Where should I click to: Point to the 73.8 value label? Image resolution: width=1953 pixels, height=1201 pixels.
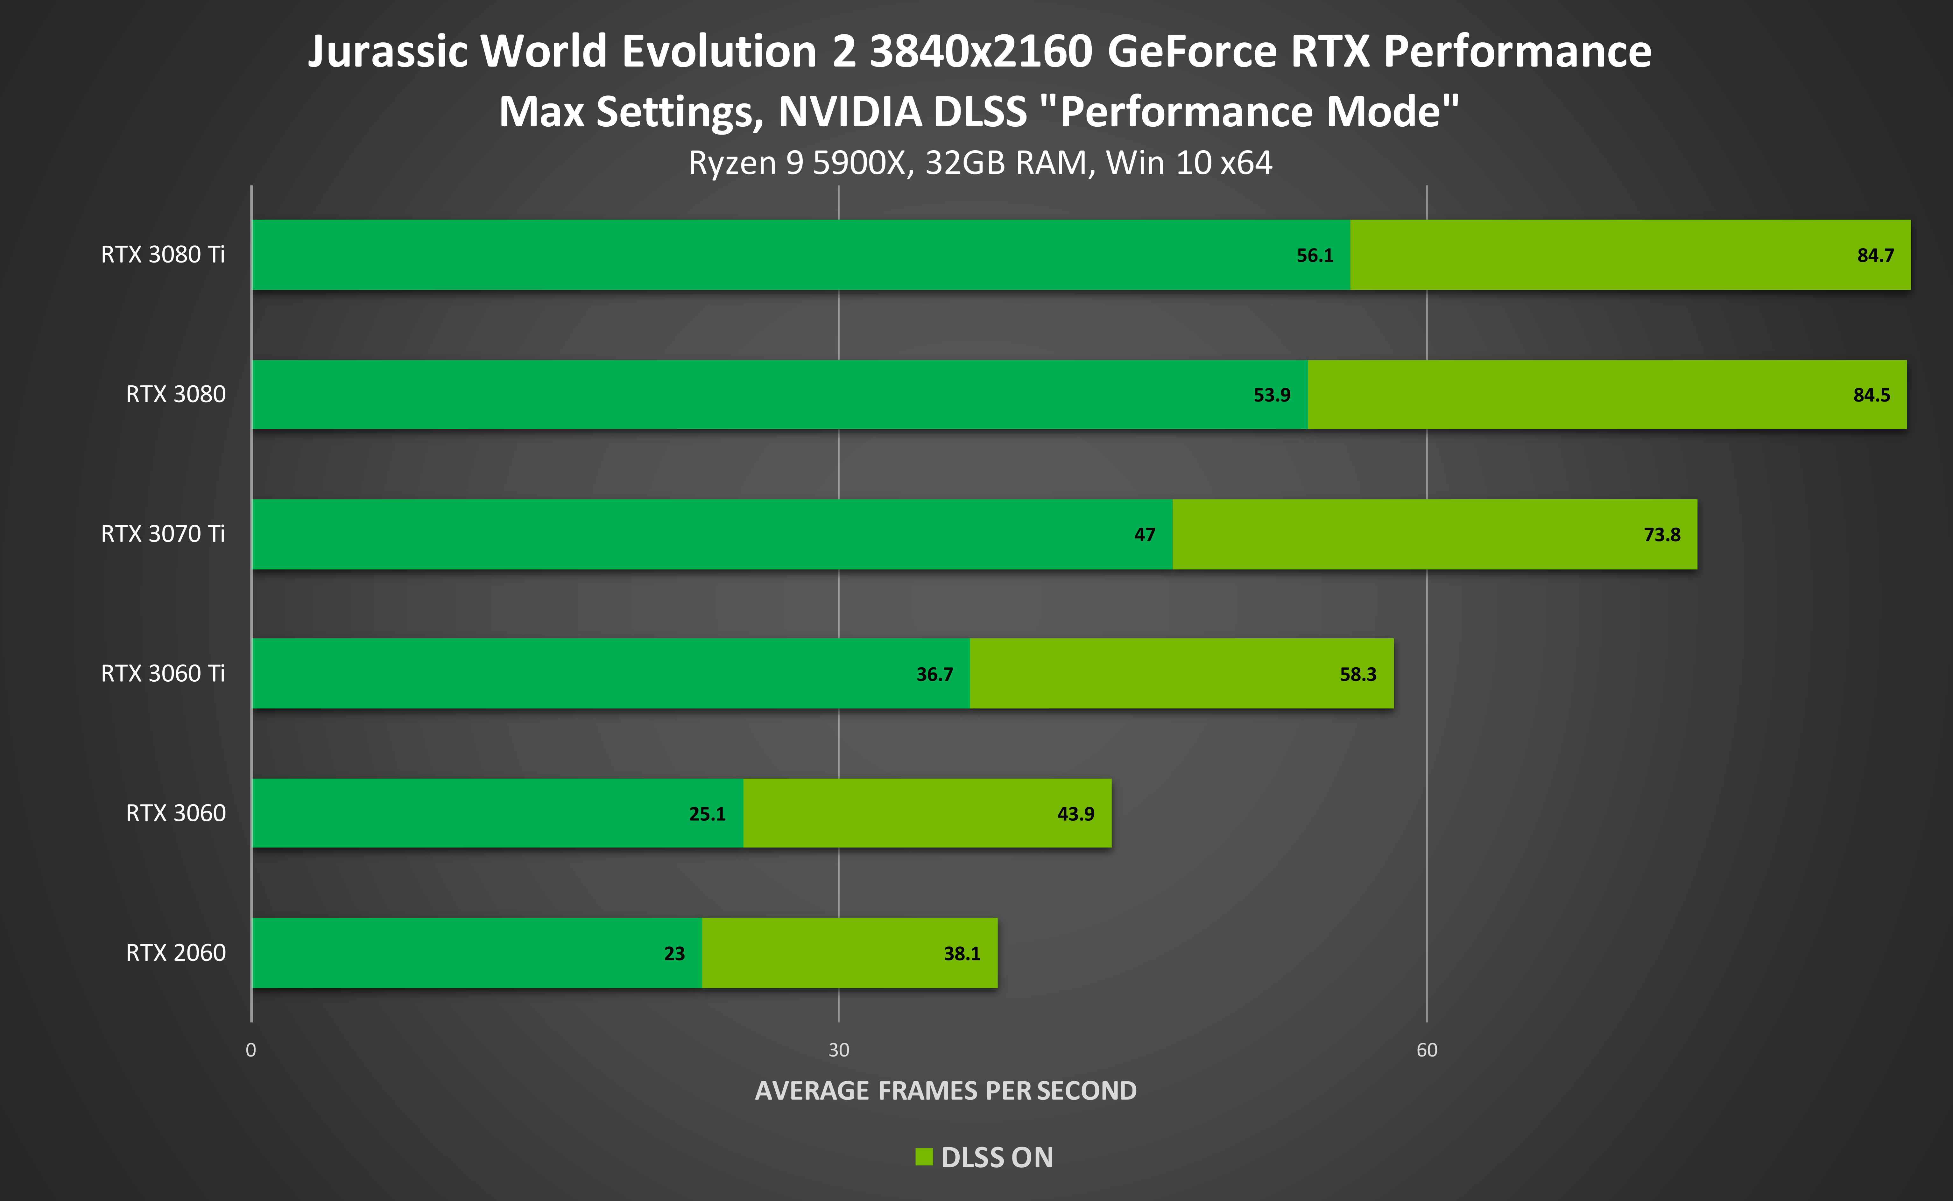click(1661, 535)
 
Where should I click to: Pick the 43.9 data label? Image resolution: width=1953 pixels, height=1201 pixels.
click(1075, 814)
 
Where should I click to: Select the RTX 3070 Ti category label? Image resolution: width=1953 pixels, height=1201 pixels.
click(163, 534)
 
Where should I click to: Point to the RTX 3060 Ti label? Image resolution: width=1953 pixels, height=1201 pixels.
click(163, 674)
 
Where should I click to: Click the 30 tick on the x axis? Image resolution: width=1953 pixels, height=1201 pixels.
click(839, 1050)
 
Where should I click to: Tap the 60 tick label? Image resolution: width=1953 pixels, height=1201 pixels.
click(1427, 1050)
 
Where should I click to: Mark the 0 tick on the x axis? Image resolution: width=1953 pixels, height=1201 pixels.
click(251, 1050)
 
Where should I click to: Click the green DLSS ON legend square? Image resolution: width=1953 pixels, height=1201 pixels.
click(923, 1156)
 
